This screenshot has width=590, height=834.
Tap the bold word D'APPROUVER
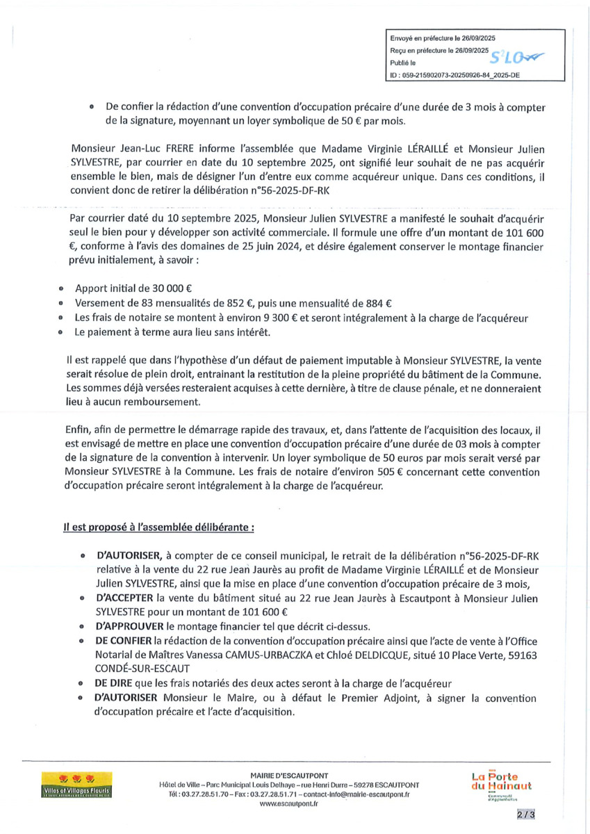point(130,625)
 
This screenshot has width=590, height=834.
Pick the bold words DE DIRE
point(115,682)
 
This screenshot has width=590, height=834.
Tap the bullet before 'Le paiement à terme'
point(61,333)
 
